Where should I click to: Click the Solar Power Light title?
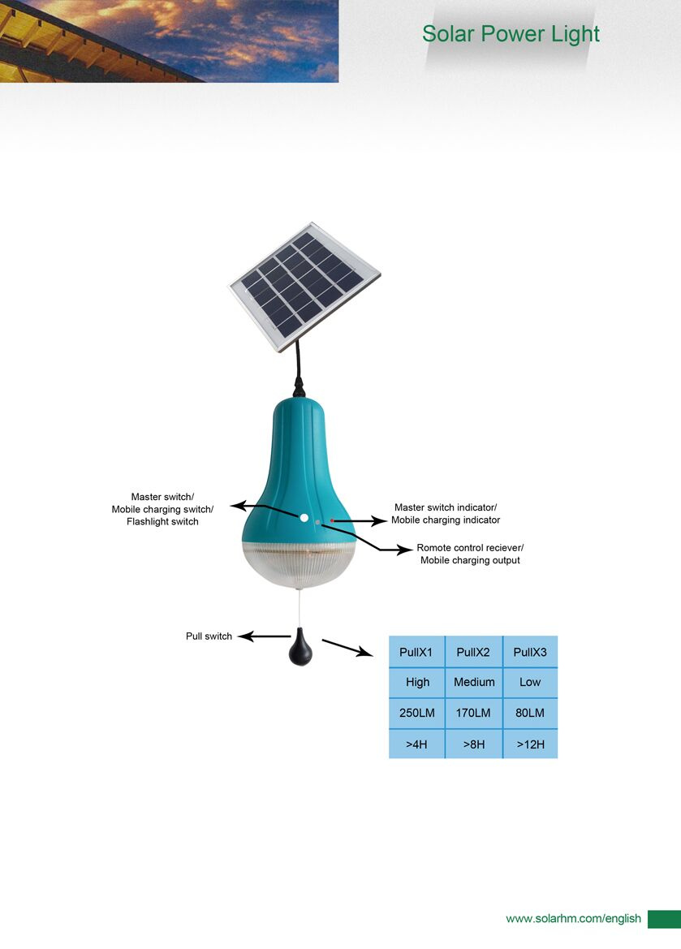pos(511,34)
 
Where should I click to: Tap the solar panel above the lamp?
pos(304,287)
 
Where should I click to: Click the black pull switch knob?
pos(300,647)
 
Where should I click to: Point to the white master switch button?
pos(304,517)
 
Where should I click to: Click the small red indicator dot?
pos(332,520)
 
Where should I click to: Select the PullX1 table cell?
pos(416,652)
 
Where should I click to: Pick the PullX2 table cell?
pos(473,652)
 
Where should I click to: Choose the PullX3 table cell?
pos(530,652)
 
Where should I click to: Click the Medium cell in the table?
pos(473,682)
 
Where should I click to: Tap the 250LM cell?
pos(416,713)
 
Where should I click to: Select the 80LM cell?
pos(530,713)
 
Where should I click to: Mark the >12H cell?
pos(530,744)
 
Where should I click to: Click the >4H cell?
pos(416,744)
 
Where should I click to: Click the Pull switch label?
pos(209,636)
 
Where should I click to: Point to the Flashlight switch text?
pos(162,522)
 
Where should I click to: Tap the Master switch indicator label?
pos(446,507)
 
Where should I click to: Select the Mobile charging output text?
pos(470,560)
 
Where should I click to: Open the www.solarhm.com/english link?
pos(573,919)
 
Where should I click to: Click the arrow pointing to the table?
pos(347,648)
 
